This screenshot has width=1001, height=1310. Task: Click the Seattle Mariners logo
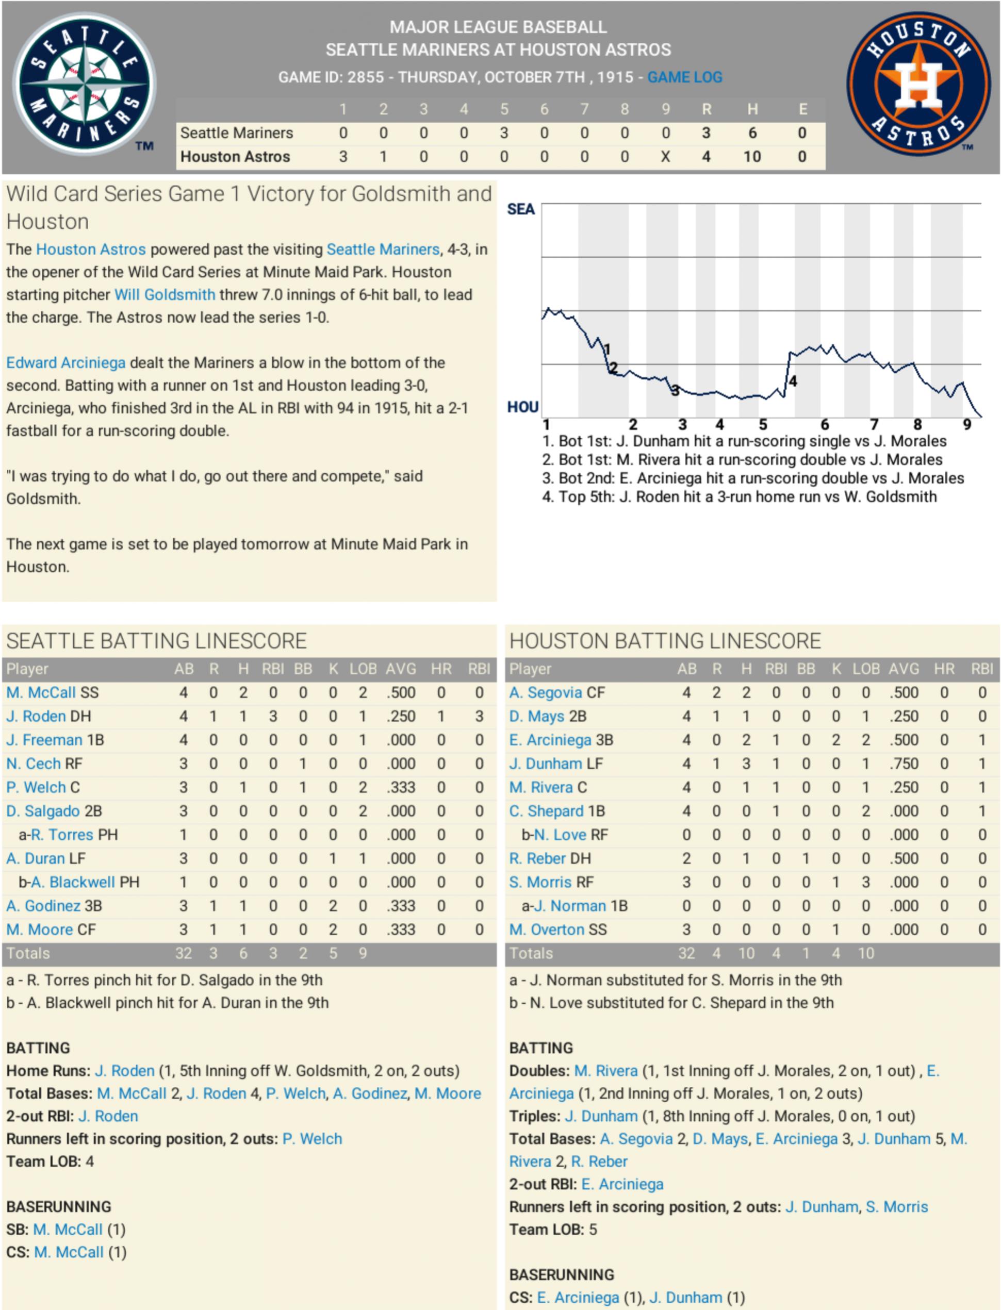[84, 84]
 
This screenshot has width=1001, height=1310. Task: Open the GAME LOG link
[685, 77]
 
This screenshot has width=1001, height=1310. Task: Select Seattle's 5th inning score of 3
[504, 133]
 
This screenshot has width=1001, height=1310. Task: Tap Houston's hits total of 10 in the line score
[752, 157]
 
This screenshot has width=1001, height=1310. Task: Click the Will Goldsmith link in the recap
[165, 295]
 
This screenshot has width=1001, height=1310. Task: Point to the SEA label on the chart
[521, 209]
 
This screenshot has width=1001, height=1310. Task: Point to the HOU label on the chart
[522, 407]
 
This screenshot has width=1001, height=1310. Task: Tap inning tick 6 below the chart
[825, 425]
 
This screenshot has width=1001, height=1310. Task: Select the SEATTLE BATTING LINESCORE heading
[156, 641]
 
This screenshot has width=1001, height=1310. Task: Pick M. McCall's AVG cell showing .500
[400, 692]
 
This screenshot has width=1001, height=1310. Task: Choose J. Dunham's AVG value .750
[904, 764]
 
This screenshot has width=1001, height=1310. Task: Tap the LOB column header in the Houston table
[866, 669]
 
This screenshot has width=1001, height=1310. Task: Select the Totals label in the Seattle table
[28, 953]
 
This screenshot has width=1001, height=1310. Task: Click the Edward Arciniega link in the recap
[65, 363]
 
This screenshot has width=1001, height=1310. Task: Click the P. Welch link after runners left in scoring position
[312, 1138]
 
